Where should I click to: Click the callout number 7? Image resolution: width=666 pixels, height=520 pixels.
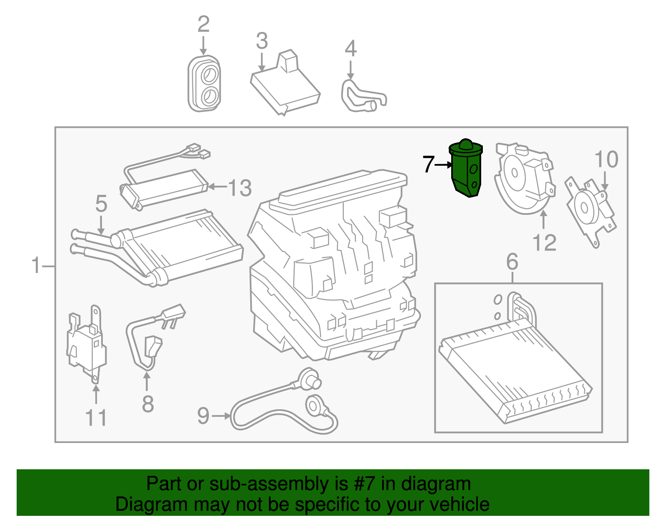pos(428,164)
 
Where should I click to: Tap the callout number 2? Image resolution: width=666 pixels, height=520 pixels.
pos(203,24)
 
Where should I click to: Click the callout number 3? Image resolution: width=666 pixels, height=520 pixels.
pos(262,41)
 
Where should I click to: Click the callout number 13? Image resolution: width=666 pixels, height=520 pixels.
pos(240,188)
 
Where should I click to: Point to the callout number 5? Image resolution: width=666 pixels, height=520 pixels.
pos(101,204)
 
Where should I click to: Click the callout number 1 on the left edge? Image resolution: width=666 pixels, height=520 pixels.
pos(36,266)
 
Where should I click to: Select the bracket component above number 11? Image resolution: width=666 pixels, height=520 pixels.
pos(86,343)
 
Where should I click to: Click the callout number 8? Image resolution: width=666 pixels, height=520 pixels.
pos(148,404)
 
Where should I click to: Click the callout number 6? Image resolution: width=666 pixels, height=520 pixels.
pos(512,262)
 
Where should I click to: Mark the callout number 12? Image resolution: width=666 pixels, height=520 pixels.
pos(544,243)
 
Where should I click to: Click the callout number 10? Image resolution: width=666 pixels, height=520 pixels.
pos(606,159)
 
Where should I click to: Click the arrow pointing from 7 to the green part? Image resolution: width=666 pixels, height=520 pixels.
pos(444,165)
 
